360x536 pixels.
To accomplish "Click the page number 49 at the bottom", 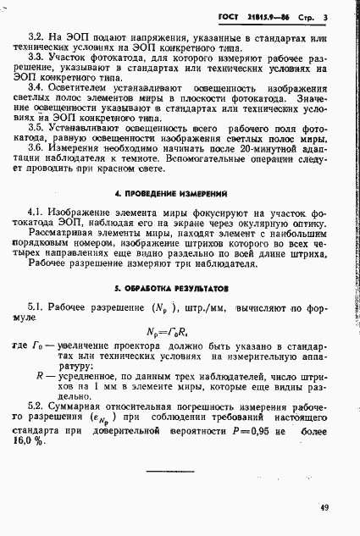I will point(325,508).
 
